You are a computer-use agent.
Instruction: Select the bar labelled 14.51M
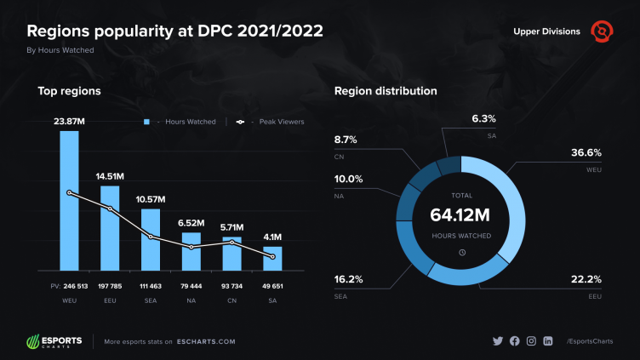coord(110,230)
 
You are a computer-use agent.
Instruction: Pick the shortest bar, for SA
coord(272,260)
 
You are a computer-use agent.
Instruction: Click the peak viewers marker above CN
coord(231,243)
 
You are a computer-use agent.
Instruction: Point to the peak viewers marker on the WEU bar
coord(69,193)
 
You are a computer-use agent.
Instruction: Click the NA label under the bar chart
coord(191,300)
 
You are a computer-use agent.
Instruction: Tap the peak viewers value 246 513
coord(69,287)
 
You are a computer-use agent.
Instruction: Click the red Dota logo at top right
coord(603,31)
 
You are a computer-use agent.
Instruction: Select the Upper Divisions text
coord(547,32)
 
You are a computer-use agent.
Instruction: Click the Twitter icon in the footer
coord(498,340)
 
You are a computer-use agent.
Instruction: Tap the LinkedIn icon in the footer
coord(548,340)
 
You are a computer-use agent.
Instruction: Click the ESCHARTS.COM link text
coord(208,341)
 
